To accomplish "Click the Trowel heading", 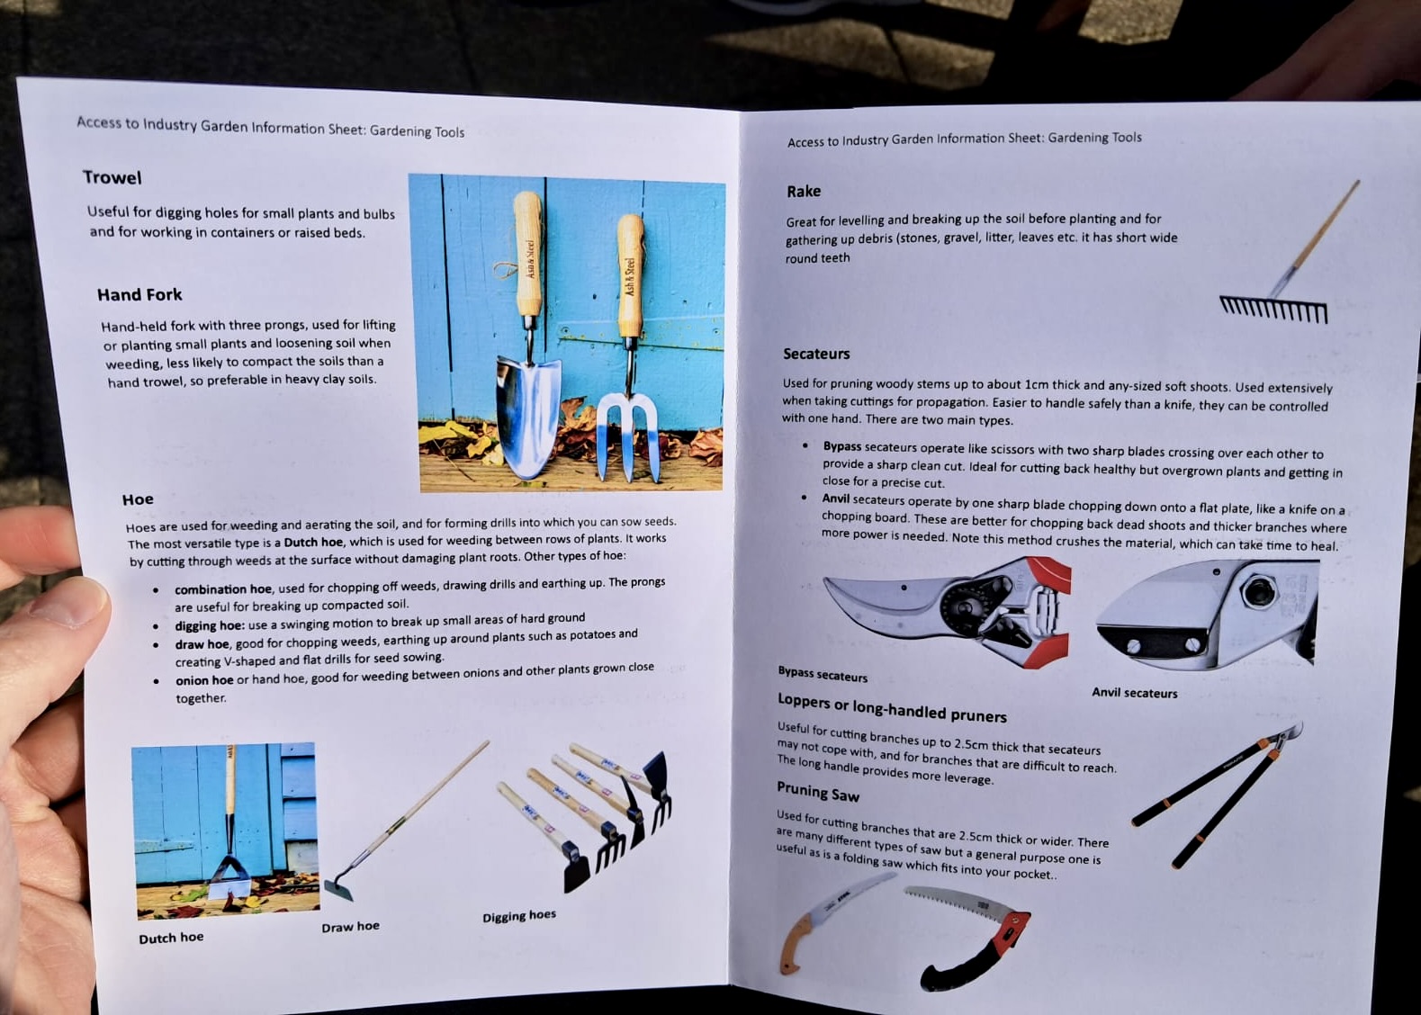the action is coord(112,177).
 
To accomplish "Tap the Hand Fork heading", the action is coord(139,294).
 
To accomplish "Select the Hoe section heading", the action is coord(138,499).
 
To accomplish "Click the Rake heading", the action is coord(804,191).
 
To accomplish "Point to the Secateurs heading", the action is coord(816,354).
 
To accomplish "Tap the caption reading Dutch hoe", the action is coord(171,938).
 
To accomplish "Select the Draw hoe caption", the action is coord(350,927).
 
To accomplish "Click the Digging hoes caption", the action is coord(519,915).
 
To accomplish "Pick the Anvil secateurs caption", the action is coord(1134,693).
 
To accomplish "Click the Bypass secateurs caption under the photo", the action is coord(823,674).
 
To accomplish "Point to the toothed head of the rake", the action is coord(1273,309).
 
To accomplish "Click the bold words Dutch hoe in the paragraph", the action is coord(313,543).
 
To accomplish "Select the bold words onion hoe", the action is coord(204,680).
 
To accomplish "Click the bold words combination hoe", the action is coord(222,589).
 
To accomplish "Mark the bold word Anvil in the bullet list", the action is coord(835,499).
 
